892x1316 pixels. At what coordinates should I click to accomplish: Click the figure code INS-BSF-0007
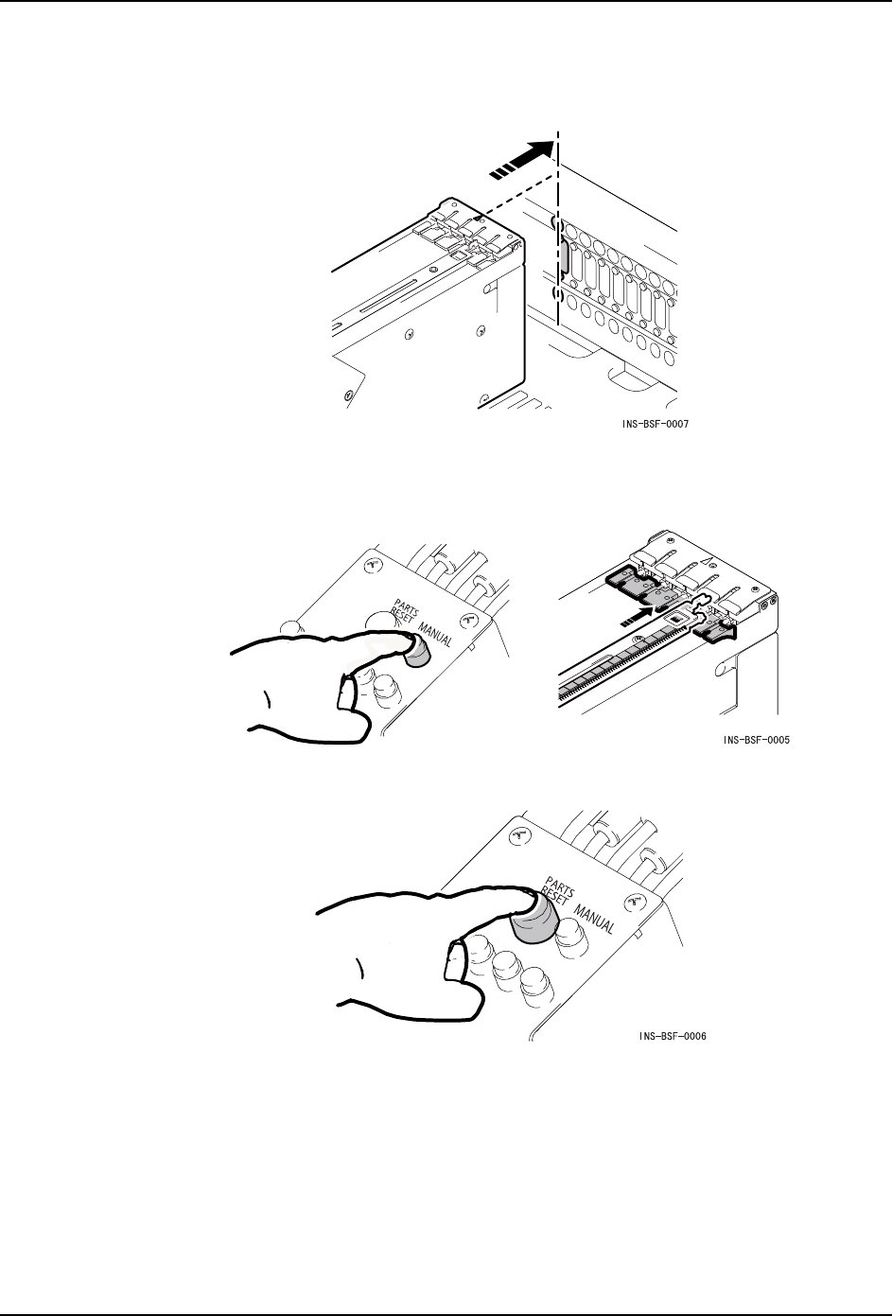coord(655,425)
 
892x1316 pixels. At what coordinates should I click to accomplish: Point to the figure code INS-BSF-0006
coord(673,1036)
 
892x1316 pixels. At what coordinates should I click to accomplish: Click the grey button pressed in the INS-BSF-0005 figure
coord(414,652)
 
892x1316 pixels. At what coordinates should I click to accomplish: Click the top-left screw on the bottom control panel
coord(516,836)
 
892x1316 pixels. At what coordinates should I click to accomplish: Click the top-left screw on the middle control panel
coord(371,565)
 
